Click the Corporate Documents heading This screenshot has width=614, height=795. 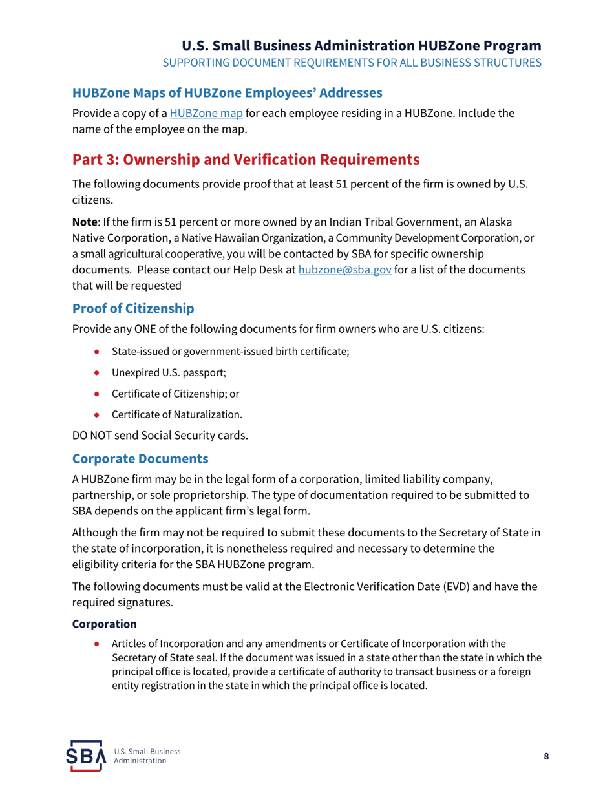pos(140,460)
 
